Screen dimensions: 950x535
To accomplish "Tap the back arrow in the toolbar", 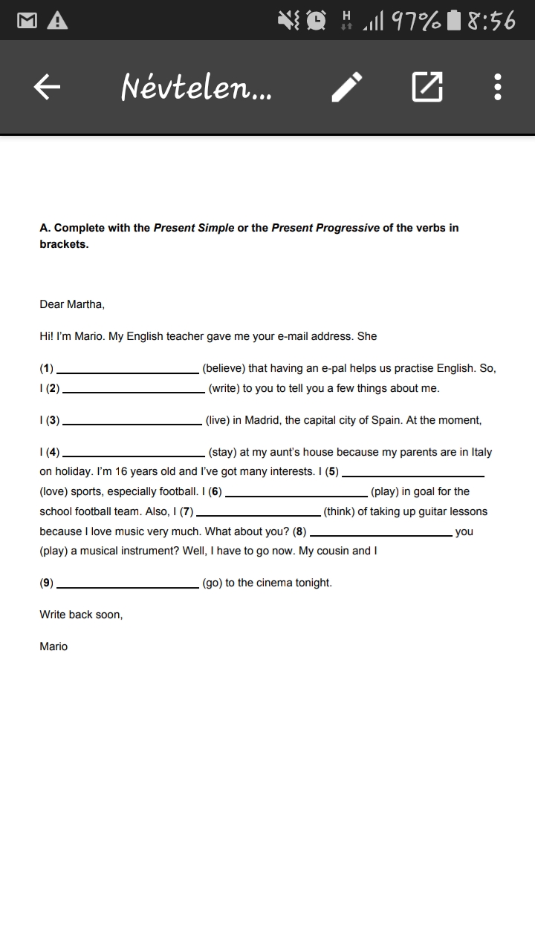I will tap(47, 88).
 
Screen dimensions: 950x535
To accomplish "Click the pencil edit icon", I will tap(346, 88).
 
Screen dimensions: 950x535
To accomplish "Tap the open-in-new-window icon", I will tap(427, 88).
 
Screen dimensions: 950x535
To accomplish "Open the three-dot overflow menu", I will tap(498, 88).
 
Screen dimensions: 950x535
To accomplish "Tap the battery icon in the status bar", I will tap(455, 21).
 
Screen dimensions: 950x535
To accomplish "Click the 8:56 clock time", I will tap(491, 21).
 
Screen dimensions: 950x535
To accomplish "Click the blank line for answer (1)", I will tap(127, 370).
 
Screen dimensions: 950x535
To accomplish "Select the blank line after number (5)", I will tap(413, 474).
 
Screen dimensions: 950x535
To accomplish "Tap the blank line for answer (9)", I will tap(128, 585).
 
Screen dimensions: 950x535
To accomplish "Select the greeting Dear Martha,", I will tap(72, 304).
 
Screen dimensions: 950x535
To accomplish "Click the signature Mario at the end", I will tap(53, 646).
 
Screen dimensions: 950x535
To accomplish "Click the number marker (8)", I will tap(299, 531).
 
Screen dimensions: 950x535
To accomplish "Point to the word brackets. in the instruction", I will tap(64, 244).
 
